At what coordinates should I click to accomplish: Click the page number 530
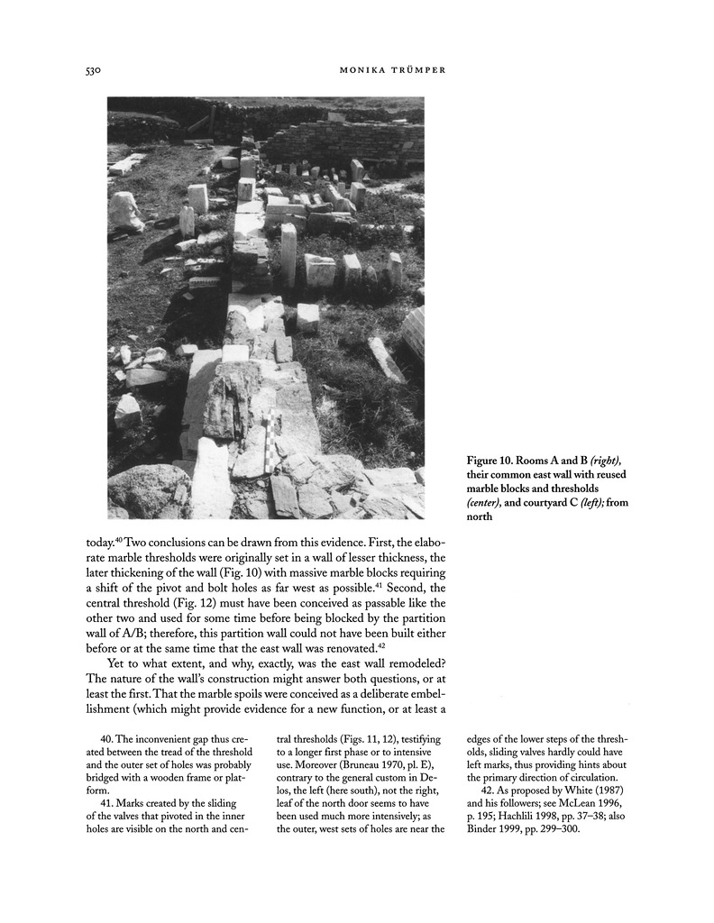86,69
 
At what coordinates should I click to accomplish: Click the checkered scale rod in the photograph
270,442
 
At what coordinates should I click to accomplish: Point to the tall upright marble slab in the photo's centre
288,253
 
